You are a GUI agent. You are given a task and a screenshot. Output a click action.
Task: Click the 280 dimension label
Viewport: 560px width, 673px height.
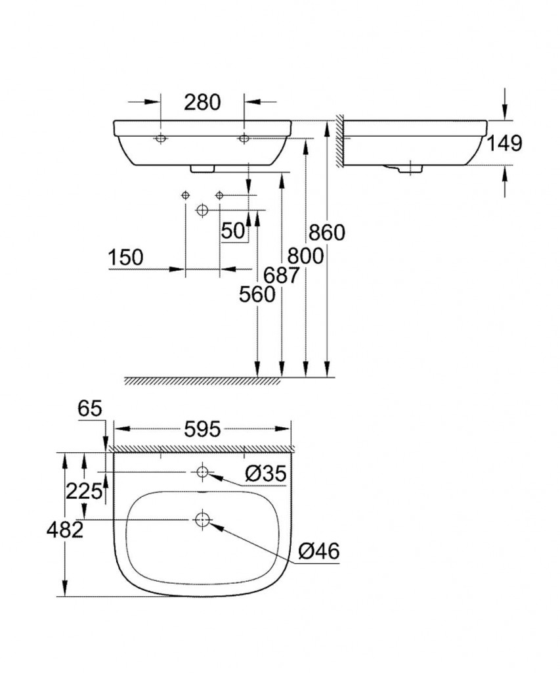coord(202,102)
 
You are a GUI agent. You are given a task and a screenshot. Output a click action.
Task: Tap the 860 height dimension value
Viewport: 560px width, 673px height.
coord(326,233)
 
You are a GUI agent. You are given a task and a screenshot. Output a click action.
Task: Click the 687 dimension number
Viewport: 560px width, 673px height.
coord(282,276)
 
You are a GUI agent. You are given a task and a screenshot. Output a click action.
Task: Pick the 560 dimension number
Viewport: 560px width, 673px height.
coord(257,295)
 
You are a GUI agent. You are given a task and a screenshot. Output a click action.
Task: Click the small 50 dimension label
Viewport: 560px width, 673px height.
coord(232,230)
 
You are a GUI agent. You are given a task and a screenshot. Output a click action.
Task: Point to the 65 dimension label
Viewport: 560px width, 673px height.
coord(90,409)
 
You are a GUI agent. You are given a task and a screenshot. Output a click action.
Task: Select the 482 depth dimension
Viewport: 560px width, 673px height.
coord(64,530)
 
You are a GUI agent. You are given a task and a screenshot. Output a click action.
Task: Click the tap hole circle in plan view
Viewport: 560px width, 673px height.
coord(202,471)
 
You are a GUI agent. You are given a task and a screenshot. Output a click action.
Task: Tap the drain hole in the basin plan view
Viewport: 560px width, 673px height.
coord(202,519)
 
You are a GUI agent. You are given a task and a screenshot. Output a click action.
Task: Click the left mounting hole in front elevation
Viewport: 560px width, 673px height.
coord(161,139)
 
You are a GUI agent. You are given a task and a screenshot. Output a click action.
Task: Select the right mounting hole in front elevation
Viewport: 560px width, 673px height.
coord(244,139)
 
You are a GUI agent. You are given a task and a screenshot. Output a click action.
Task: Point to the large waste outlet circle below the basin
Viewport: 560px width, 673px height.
coord(202,210)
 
